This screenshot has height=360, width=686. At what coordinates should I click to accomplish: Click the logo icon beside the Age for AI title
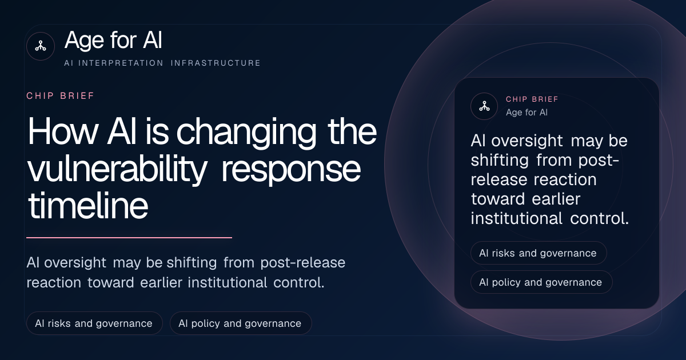click(x=41, y=46)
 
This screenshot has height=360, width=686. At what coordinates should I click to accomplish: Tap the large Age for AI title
click(x=113, y=40)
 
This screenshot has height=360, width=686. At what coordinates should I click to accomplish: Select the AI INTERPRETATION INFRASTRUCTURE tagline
click(x=162, y=63)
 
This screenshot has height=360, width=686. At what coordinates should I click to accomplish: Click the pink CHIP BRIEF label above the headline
click(x=61, y=96)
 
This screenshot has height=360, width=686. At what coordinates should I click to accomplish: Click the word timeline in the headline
click(x=88, y=205)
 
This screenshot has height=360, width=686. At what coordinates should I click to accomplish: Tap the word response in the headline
click(x=291, y=171)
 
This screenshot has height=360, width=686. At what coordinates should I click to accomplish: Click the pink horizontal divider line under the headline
click(x=129, y=237)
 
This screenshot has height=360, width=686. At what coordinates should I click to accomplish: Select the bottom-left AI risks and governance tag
click(x=94, y=323)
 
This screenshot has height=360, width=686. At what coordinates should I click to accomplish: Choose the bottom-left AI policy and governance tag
click(x=241, y=323)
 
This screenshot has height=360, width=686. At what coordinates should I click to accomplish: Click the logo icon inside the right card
click(x=484, y=106)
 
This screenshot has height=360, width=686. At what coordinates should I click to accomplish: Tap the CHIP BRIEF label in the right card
click(x=532, y=99)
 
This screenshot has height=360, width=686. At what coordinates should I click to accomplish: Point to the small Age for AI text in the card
click(x=527, y=113)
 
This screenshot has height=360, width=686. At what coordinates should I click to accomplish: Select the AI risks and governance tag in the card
click(x=539, y=253)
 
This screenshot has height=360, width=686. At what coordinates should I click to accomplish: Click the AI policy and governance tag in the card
click(x=541, y=282)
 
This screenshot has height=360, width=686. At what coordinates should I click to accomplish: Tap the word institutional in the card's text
click(x=516, y=218)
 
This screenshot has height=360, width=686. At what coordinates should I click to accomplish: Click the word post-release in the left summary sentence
click(x=303, y=263)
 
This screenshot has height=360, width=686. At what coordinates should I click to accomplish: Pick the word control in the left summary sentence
click(x=298, y=282)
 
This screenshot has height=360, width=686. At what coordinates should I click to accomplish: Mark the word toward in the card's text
click(x=498, y=199)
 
